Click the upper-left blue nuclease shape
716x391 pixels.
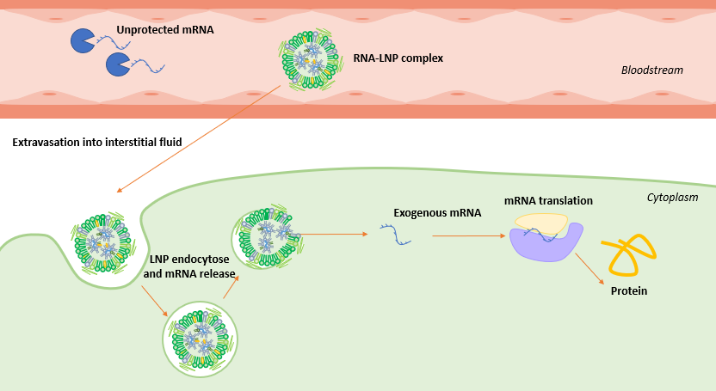coord(83,40)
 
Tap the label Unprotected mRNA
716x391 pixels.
coord(165,29)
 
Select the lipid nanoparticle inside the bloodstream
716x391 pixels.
coord(305,58)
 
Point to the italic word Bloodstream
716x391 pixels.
coord(651,70)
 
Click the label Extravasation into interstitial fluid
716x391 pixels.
coord(96,141)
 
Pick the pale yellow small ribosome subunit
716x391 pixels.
coord(540,223)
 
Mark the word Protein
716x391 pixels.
coord(628,290)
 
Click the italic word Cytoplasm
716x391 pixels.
coord(672,197)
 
